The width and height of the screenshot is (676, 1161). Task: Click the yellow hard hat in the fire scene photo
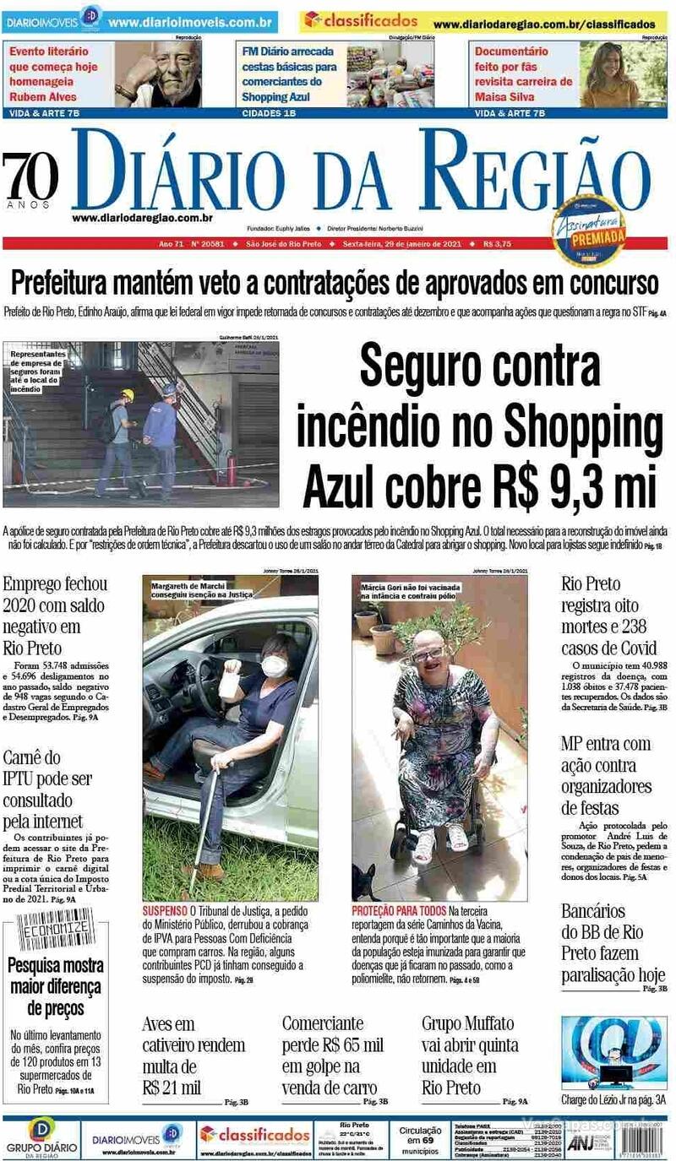(128, 395)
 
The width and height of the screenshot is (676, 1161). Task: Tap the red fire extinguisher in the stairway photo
(230, 469)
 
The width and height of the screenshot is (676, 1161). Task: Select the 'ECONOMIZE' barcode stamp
(53, 931)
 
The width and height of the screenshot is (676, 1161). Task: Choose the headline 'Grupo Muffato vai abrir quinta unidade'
(470, 1055)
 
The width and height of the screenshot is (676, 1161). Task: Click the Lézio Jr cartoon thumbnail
(613, 1053)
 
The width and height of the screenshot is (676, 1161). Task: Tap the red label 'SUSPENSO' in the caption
(165, 912)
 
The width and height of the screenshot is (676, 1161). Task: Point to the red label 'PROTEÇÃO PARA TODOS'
(399, 912)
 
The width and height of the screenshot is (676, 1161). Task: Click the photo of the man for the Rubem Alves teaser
(158, 74)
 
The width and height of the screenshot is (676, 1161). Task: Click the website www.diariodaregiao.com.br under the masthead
(141, 217)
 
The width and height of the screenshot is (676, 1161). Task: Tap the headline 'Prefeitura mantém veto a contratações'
(334, 282)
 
